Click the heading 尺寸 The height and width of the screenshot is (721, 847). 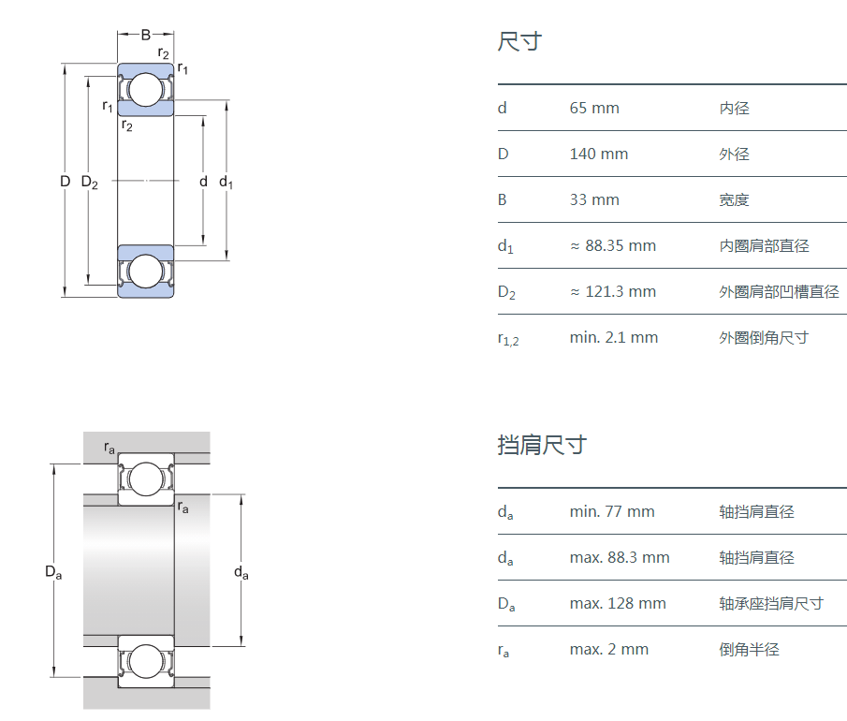pos(519,42)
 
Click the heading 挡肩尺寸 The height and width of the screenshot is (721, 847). pos(541,445)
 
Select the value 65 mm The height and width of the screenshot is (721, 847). pos(594,109)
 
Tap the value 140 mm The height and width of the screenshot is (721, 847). pos(599,154)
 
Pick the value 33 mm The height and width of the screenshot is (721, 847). pos(594,200)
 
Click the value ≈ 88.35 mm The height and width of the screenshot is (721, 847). pos(613,246)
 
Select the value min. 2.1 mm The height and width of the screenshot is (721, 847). pos(613,338)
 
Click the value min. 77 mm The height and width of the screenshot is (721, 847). pos(612,512)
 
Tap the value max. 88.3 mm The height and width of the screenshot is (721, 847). pos(620,558)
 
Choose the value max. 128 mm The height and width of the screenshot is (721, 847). pos(618,604)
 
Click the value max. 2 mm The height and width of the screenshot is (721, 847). pos(608,650)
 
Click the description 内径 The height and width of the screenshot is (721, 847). pos(735,109)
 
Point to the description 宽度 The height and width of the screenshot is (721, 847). pos(735,200)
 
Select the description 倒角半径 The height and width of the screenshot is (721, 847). pos(749,650)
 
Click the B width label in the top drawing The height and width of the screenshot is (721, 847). pos(145,36)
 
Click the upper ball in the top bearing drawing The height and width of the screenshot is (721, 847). pos(145,90)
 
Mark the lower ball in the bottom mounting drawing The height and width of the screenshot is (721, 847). pos(146,661)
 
